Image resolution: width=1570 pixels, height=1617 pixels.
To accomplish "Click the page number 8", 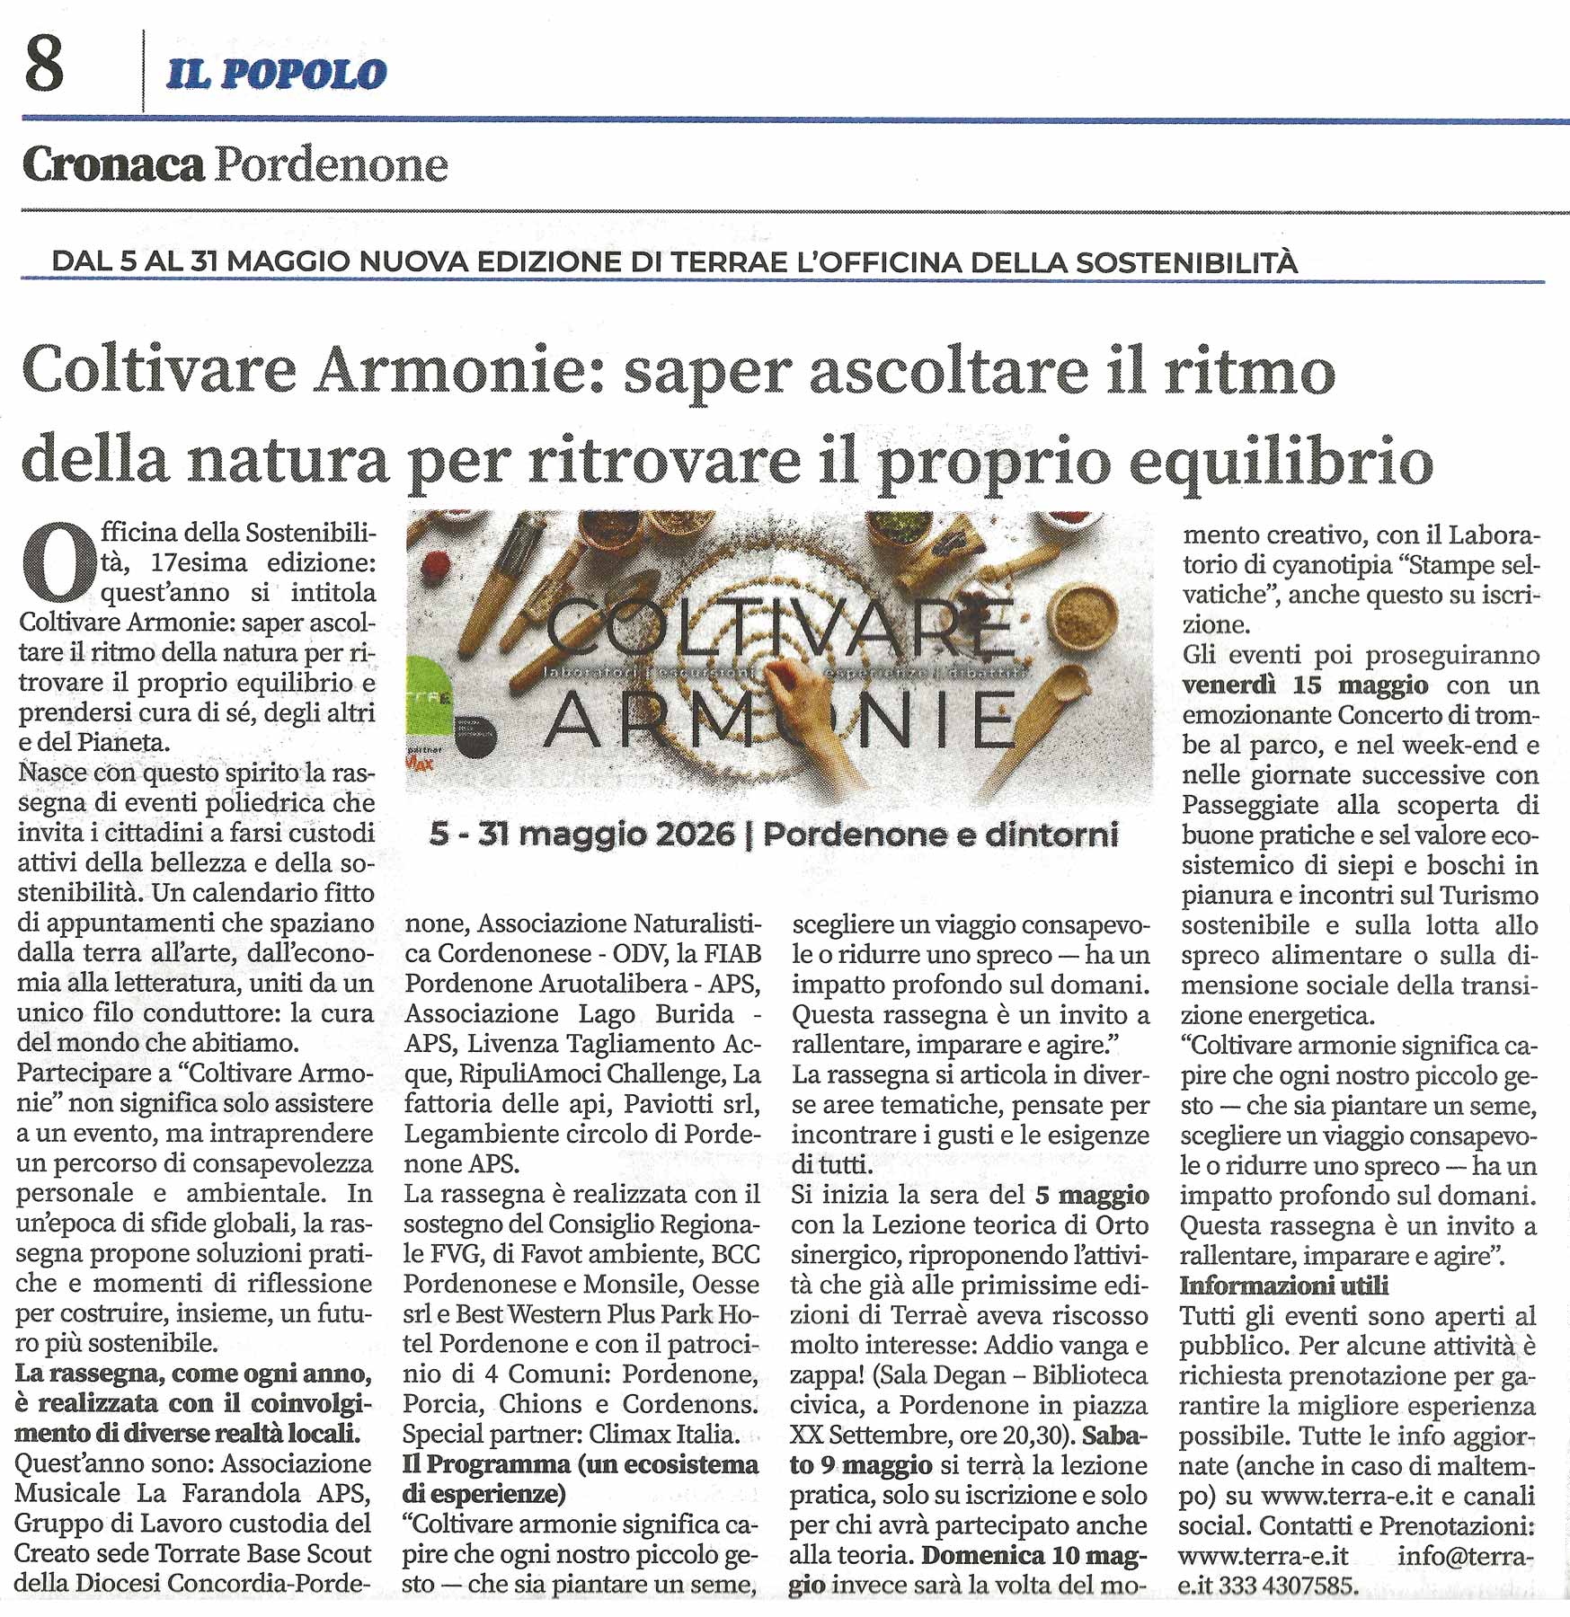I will [x=45, y=65].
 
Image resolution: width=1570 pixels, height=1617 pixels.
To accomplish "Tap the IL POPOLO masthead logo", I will [x=276, y=75].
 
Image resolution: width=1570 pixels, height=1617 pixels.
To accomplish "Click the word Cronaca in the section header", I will [x=113, y=165].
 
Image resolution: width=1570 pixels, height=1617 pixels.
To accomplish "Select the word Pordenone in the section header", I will [x=331, y=165].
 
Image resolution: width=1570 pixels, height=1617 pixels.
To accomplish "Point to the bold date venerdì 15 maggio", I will [x=1305, y=685].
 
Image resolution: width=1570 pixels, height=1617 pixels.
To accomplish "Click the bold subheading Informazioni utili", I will [x=1283, y=1286].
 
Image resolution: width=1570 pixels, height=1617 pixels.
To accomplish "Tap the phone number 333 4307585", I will [x=1285, y=1586].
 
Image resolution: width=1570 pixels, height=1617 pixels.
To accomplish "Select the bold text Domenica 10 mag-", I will [x=1034, y=1555].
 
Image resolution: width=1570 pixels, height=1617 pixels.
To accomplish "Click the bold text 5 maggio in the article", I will [x=1092, y=1195].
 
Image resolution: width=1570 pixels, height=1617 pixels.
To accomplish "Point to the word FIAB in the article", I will [x=732, y=953].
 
